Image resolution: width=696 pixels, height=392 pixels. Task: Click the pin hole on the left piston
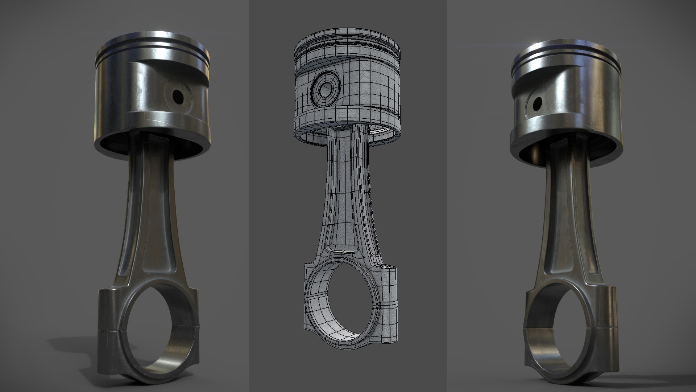tap(178, 96)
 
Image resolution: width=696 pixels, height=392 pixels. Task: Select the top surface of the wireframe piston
tap(348, 38)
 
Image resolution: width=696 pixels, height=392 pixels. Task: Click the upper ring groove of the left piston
tap(152, 58)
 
